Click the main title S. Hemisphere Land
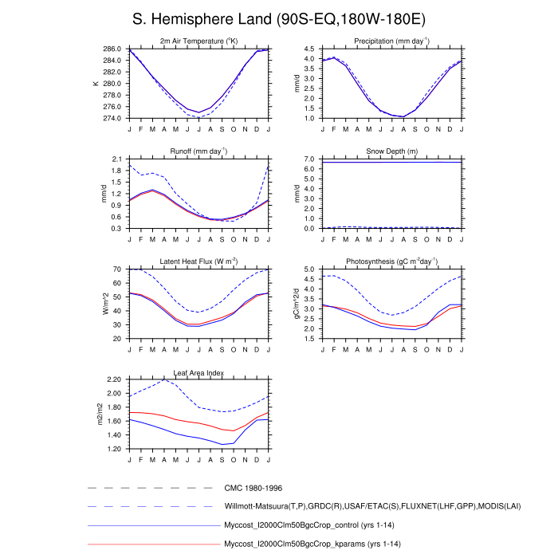click(278, 18)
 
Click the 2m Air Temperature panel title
click(198, 41)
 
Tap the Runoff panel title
click(198, 151)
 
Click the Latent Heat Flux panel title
click(198, 261)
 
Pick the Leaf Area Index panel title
click(198, 372)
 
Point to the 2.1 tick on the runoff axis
click(116, 159)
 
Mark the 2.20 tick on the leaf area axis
click(112, 379)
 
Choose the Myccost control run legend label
click(310, 525)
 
